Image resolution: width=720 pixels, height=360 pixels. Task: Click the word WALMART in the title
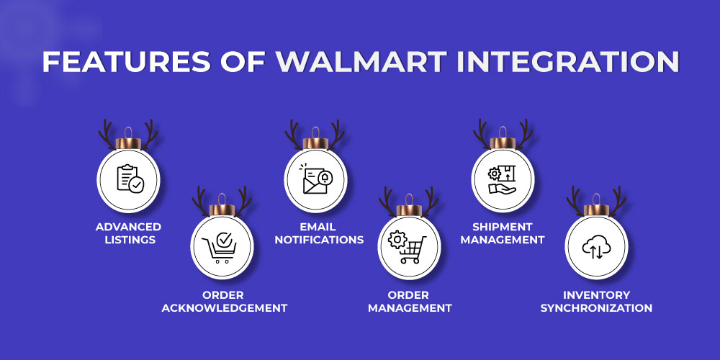361,61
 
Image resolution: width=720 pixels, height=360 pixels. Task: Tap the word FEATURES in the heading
127,61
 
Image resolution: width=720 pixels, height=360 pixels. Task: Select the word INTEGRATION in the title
569,61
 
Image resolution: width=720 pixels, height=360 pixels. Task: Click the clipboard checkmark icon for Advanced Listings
130,178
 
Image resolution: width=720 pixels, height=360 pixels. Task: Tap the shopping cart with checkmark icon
220,248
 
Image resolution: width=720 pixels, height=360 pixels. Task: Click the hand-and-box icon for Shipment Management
502,179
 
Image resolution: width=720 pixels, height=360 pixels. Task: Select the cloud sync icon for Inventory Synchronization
596,248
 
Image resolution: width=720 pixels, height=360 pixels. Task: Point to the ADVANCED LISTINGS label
129,233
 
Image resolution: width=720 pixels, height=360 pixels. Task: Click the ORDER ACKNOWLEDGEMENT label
225,301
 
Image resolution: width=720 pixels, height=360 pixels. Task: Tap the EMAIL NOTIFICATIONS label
319,233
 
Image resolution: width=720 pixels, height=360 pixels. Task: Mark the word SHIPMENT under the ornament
503,227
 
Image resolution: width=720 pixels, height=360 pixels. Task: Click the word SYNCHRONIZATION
596,307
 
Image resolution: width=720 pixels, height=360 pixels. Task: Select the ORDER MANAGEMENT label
410,301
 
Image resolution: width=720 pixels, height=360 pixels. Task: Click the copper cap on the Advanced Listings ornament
128,143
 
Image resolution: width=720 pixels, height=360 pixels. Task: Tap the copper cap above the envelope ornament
315,143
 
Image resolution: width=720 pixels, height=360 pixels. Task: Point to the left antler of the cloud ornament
575,201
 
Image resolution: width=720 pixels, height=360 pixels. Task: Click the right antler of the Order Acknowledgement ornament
243,201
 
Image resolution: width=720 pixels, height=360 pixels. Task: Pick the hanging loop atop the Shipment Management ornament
503,132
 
